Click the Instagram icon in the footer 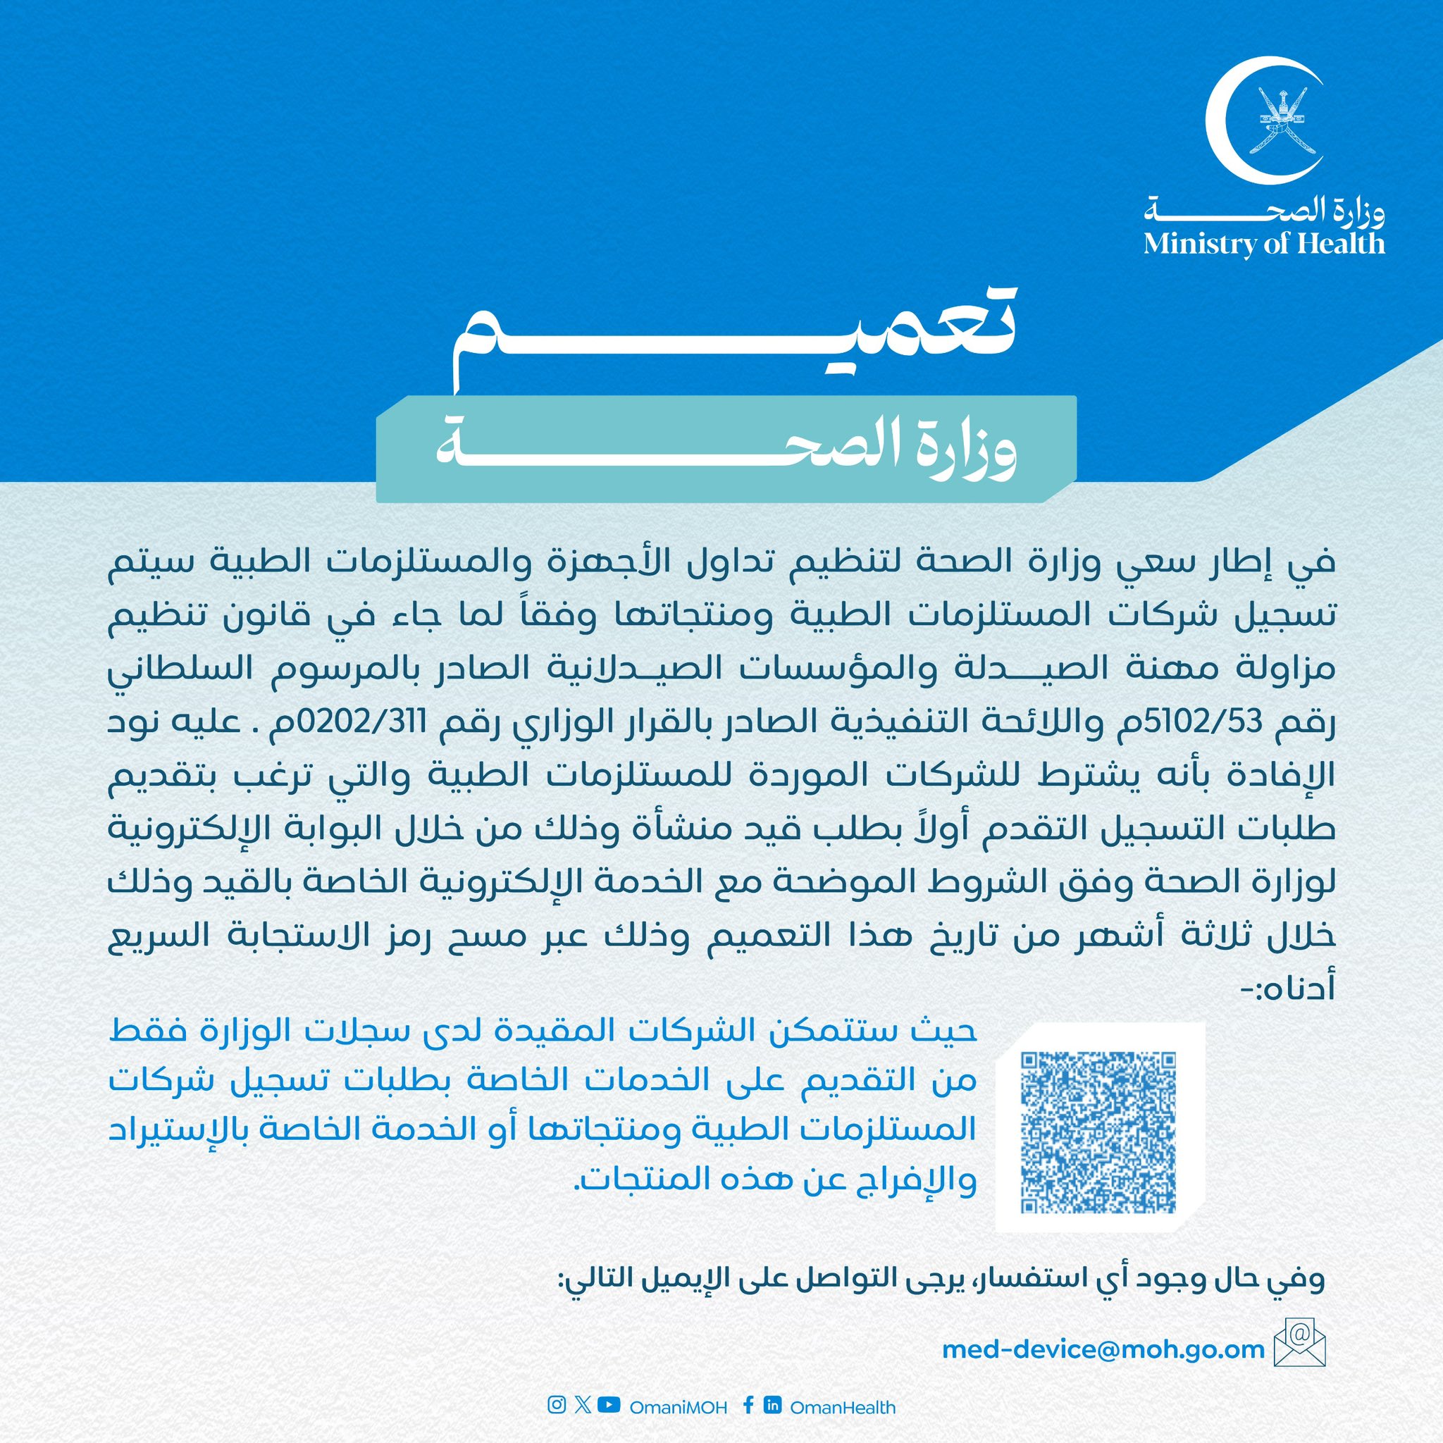click(557, 1406)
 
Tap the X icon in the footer click(583, 1406)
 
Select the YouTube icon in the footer click(609, 1406)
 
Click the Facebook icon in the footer click(748, 1406)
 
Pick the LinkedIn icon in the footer click(772, 1406)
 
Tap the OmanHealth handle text click(842, 1407)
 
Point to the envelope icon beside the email click(1302, 1348)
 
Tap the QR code click(1098, 1132)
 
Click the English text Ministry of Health click(1264, 244)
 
